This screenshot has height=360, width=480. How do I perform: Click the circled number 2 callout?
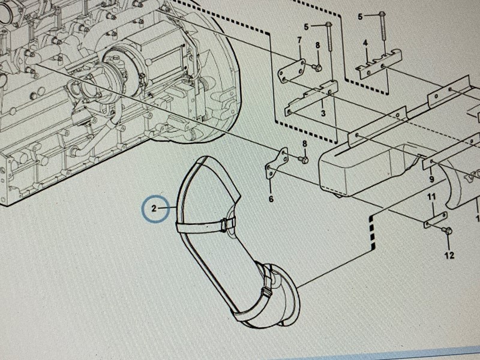pyautogui.click(x=154, y=209)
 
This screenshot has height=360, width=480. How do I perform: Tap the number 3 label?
pyautogui.click(x=323, y=113)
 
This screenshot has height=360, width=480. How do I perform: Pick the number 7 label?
pyautogui.click(x=299, y=40)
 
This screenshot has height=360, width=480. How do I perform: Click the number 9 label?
pyautogui.click(x=431, y=179)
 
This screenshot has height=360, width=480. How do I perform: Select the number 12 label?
pyautogui.click(x=449, y=256)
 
